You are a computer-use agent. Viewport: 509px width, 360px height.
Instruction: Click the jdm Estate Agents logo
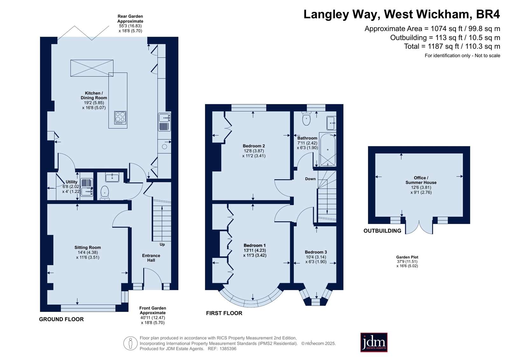[x=374, y=342]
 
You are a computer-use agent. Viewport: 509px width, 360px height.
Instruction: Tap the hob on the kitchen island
[x=120, y=117]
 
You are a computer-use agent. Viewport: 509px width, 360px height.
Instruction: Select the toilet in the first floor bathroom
[x=307, y=118]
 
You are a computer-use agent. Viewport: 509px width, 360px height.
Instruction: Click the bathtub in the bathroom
[x=328, y=150]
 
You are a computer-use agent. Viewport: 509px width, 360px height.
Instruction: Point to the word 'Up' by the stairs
[x=162, y=244]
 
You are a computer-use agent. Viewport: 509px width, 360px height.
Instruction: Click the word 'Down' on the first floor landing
[x=310, y=179]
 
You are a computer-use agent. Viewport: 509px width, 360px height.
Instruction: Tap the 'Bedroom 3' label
[x=316, y=252]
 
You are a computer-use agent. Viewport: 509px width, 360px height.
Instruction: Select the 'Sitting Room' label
[x=88, y=248]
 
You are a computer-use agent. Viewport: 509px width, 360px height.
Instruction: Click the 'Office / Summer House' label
[x=421, y=180]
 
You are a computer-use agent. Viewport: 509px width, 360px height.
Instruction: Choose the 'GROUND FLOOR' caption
[x=61, y=319]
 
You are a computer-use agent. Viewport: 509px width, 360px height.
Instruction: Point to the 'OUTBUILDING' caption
[x=382, y=231]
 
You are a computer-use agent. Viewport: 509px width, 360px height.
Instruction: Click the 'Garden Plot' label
[x=407, y=257]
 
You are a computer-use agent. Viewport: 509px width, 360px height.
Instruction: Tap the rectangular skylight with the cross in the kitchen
[x=92, y=68]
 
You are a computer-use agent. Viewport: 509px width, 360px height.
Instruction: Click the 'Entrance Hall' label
[x=151, y=258]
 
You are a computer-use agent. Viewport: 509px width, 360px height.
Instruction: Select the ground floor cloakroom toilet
[x=104, y=193]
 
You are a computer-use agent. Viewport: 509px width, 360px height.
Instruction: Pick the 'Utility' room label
[x=71, y=182]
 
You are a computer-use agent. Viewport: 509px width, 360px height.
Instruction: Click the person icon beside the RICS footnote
[x=131, y=343]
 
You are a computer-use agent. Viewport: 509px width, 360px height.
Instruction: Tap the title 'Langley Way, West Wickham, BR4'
[x=402, y=14]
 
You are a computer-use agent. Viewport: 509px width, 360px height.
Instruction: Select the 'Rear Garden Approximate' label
[x=130, y=19]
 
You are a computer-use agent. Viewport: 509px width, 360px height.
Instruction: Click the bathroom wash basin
[x=331, y=123]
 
